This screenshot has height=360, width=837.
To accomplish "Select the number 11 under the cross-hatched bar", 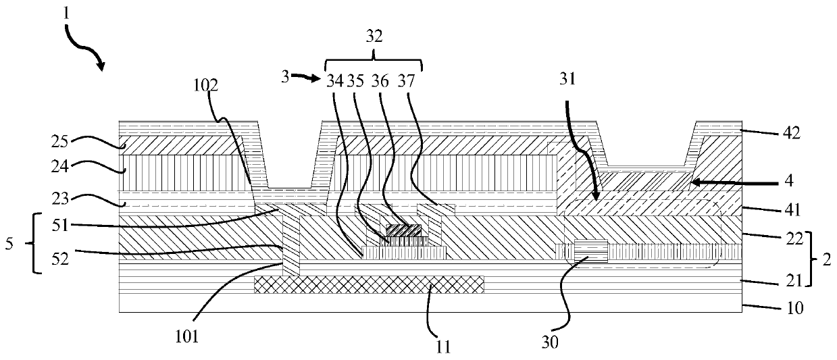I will (443, 346).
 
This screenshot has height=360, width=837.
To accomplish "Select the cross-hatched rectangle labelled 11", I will (369, 284).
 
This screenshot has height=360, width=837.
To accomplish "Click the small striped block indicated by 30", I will (590, 251).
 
